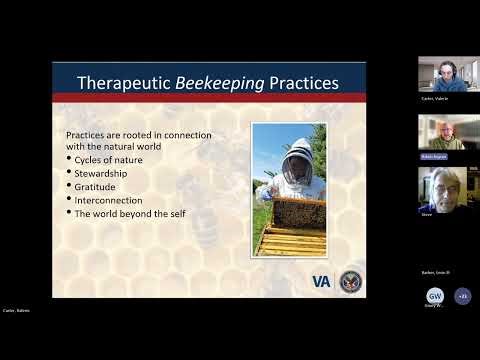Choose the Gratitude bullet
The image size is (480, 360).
coord(97,185)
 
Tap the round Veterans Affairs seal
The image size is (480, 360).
coord(350,281)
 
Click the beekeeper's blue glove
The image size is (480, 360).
coord(263,194)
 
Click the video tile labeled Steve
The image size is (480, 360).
coord(441,189)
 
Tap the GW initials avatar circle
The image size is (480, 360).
coord(434,296)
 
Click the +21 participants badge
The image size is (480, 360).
coord(461,296)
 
